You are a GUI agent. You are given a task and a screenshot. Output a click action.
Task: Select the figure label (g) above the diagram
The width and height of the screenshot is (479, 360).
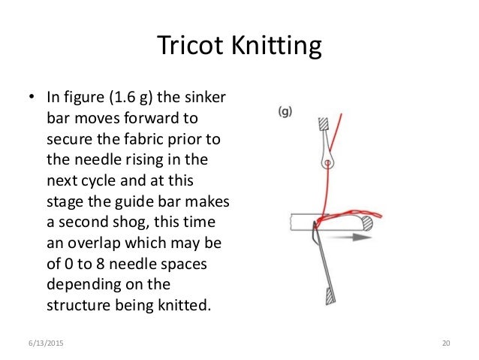(285, 112)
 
